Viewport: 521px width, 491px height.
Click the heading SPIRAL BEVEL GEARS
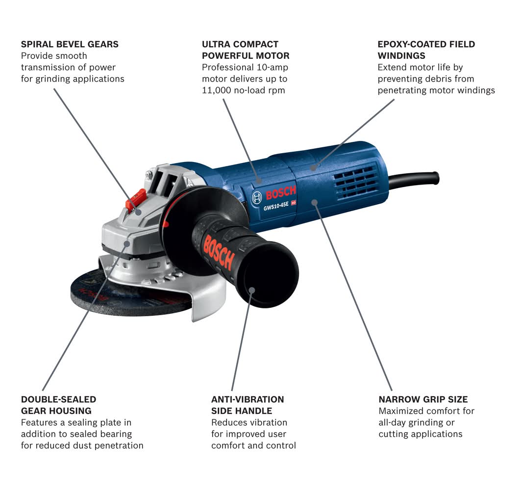(x=70, y=44)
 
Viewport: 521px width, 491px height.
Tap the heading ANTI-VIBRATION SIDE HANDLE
(x=248, y=405)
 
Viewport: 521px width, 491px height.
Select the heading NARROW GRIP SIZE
(x=423, y=399)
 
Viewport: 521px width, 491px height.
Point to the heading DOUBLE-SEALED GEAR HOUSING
(x=58, y=405)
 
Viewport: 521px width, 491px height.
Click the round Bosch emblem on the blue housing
(x=257, y=198)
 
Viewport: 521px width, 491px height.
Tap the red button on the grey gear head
(x=135, y=200)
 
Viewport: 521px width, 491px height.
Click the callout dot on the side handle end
(x=252, y=290)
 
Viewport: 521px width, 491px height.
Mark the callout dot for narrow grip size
(x=315, y=202)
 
